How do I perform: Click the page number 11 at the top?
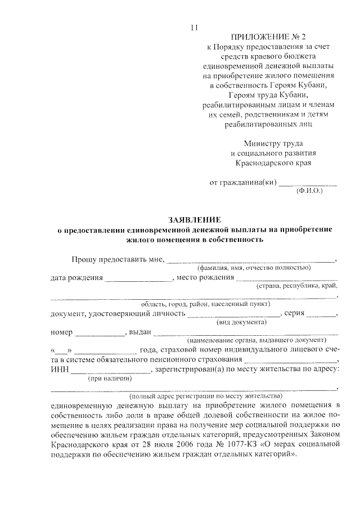click(x=194, y=29)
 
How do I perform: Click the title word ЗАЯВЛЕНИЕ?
click(x=195, y=219)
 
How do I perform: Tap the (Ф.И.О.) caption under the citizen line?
click(x=309, y=191)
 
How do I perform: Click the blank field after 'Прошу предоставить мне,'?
click(x=250, y=260)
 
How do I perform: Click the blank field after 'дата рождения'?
click(x=138, y=279)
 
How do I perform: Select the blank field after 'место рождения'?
click(x=286, y=279)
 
